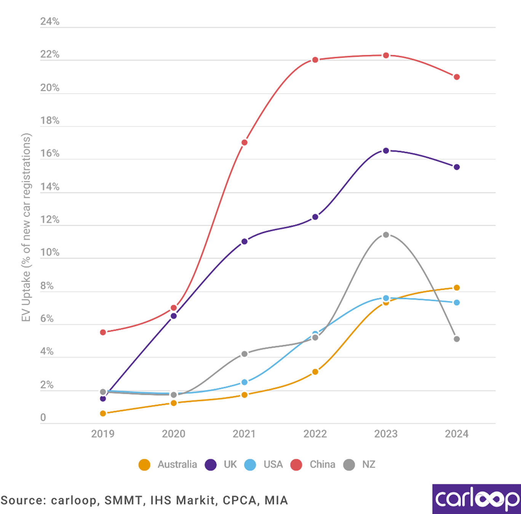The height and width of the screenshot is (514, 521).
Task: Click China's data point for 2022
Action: click(x=315, y=60)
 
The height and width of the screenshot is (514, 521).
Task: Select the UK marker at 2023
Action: click(x=386, y=151)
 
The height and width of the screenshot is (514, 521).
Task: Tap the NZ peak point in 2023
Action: click(x=386, y=235)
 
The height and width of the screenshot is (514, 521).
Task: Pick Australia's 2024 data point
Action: click(x=457, y=288)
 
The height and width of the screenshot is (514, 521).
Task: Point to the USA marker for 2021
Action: click(x=245, y=382)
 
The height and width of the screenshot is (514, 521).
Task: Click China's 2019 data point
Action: click(x=103, y=332)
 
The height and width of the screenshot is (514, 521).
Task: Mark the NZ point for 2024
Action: click(x=457, y=339)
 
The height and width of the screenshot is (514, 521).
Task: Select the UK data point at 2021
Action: click(x=245, y=241)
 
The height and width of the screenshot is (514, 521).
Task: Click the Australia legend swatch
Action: click(x=144, y=465)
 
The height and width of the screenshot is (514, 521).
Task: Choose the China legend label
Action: click(x=322, y=465)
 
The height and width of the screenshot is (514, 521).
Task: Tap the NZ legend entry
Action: click(x=368, y=465)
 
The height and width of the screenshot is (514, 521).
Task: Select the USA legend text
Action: click(x=273, y=465)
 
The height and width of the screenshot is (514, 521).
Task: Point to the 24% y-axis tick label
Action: click(x=50, y=22)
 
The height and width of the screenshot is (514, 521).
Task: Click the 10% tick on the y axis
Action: click(x=50, y=252)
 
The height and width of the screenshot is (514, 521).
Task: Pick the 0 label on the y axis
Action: click(x=43, y=418)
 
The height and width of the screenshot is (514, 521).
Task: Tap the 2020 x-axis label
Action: click(x=174, y=434)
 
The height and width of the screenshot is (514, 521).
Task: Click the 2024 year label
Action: click(x=457, y=434)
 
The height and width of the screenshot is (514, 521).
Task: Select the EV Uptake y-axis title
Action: click(x=26, y=227)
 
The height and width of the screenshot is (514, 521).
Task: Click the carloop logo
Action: click(x=476, y=499)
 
